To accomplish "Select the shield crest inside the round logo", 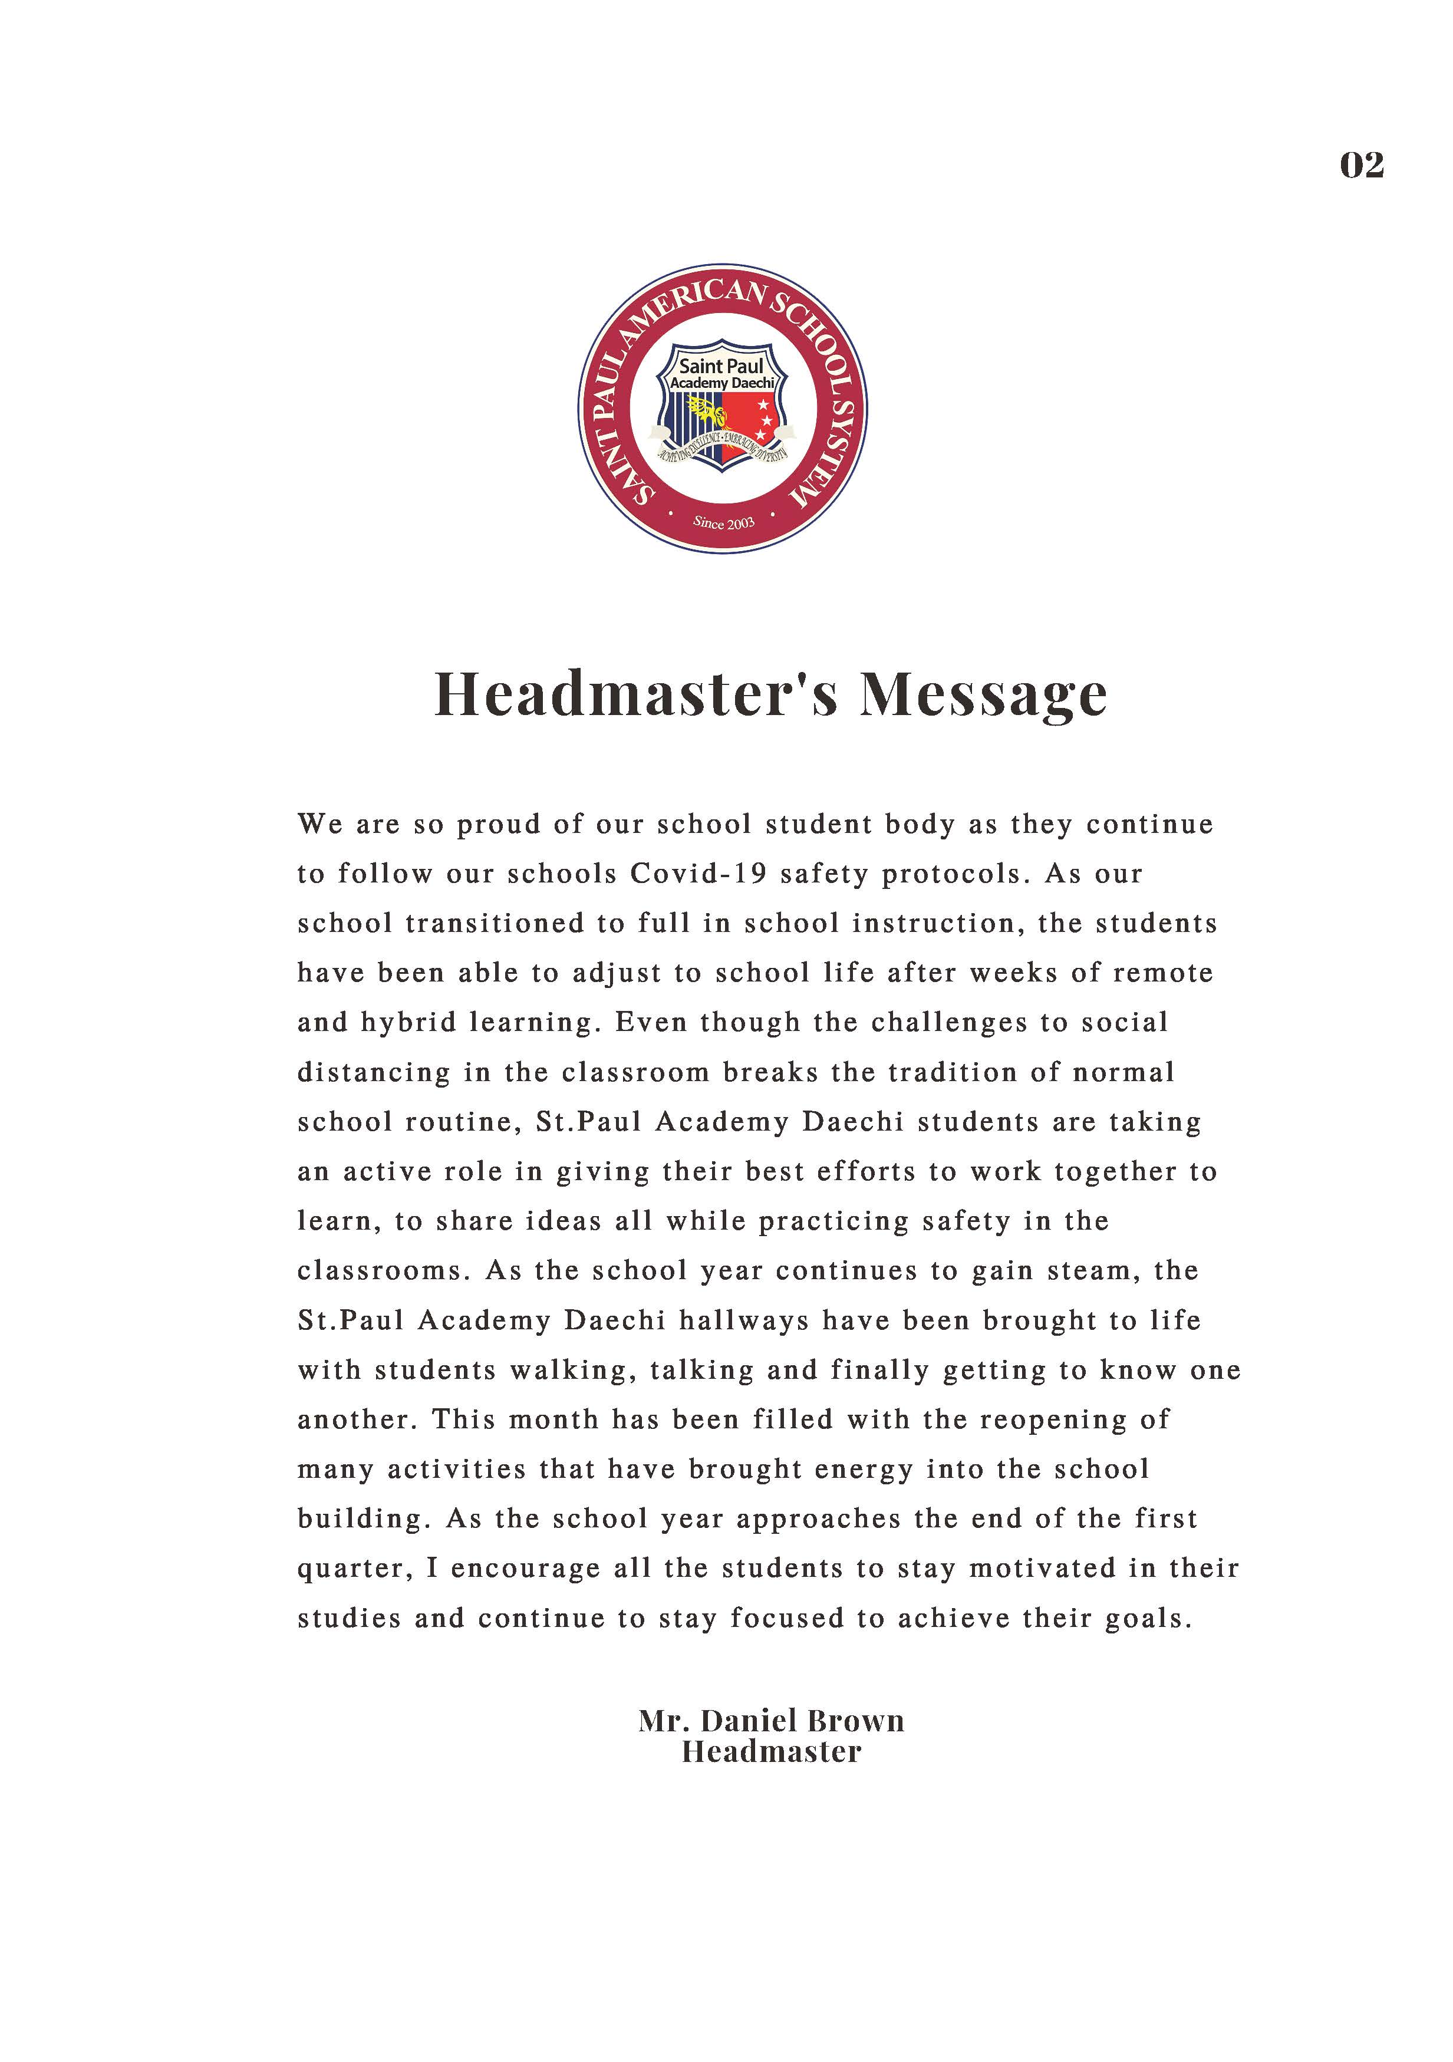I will (x=722, y=405).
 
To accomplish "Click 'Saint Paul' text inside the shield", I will (x=721, y=365).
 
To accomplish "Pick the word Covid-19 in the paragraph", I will (x=698, y=873).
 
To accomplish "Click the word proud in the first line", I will (x=499, y=825).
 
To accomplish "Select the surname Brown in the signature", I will (x=856, y=1720).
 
